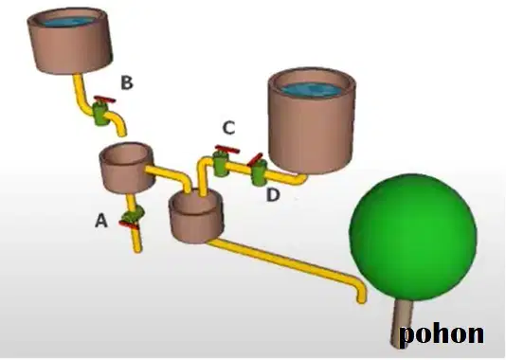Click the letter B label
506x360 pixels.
click(x=127, y=82)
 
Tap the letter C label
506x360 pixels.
click(x=228, y=128)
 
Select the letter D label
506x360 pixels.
click(x=273, y=195)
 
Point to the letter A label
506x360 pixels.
click(x=101, y=222)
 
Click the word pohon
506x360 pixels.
click(x=442, y=333)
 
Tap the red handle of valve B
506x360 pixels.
click(x=104, y=99)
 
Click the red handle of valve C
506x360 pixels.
click(x=227, y=149)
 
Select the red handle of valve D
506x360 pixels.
click(x=255, y=159)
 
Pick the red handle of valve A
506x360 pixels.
click(x=129, y=225)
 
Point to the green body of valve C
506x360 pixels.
click(x=221, y=164)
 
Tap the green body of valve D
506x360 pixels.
click(x=259, y=173)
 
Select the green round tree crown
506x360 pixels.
click(x=413, y=237)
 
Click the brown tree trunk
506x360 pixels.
click(x=401, y=323)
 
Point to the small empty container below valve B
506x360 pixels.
click(x=126, y=168)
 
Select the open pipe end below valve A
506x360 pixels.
click(x=137, y=249)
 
